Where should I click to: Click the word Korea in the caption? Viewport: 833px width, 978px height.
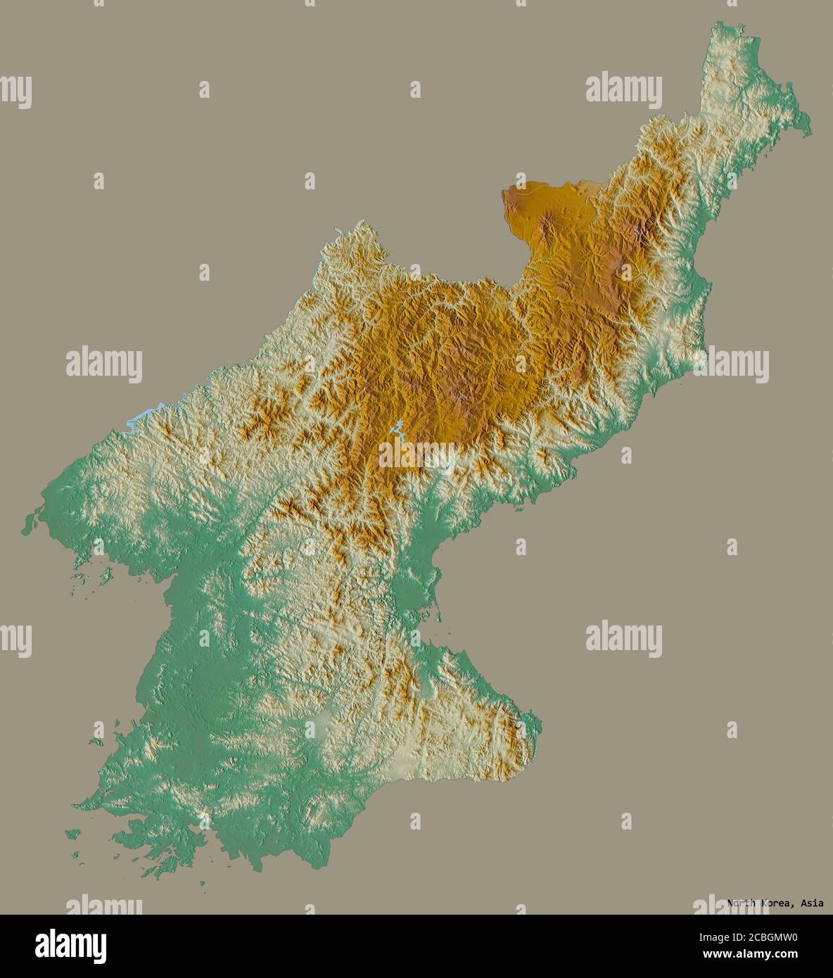point(775,903)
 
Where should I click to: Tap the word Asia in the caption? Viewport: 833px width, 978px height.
point(810,903)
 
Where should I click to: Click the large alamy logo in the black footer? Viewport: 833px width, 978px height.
point(70,946)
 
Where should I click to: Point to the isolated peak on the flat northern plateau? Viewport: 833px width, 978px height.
point(547,224)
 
